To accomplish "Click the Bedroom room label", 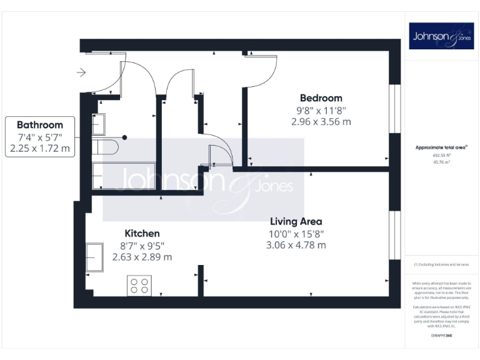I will tap(321, 98).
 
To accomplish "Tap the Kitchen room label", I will tap(142, 233).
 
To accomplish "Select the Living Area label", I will tap(296, 221).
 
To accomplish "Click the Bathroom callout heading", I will tap(40, 125).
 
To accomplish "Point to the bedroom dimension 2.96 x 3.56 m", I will tap(321, 122).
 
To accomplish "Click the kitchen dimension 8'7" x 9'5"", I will tap(142, 245).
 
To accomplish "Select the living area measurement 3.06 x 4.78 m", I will tap(296, 245).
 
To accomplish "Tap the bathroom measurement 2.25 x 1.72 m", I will tap(40, 149).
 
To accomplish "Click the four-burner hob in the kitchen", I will tap(139, 286).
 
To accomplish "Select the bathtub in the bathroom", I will tap(98, 176).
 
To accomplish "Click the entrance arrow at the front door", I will tap(81, 73).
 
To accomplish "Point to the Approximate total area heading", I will tap(442, 147).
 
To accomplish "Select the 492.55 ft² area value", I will tap(441, 155).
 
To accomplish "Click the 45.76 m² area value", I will tap(441, 161).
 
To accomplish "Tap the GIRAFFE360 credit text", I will tap(441, 336).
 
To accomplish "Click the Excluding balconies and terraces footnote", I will tap(441, 264).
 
